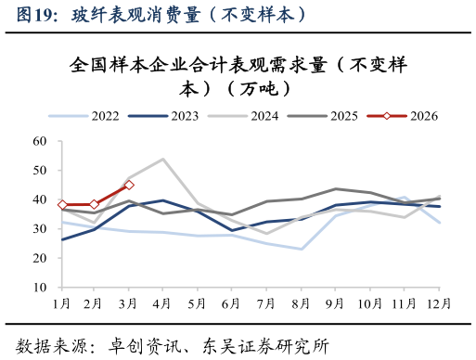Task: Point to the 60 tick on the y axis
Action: (39, 141)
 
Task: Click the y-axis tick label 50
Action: (39, 171)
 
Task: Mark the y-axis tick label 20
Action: (39, 258)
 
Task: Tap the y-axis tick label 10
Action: (39, 288)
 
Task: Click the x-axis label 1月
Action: (61, 303)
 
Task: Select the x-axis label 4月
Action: (163, 303)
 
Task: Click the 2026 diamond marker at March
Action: (129, 185)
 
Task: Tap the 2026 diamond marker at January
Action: (61, 205)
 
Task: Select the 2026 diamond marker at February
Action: (95, 204)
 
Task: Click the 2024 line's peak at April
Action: (163, 159)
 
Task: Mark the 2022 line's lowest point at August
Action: (302, 249)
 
